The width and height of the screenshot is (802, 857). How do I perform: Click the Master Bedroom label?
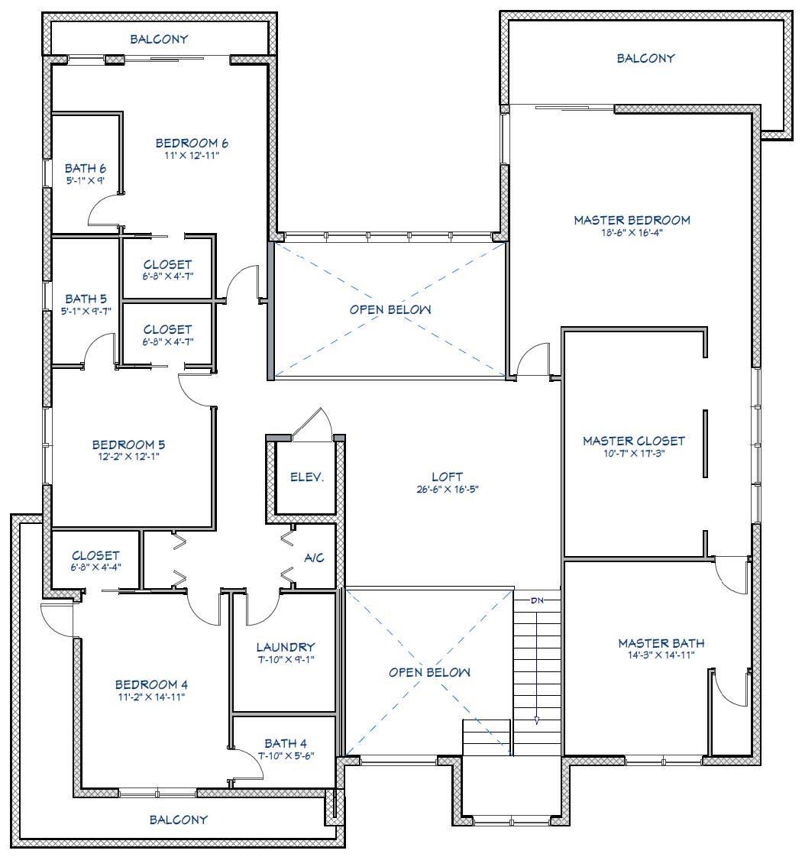632,220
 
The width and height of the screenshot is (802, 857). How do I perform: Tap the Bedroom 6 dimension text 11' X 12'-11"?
192,155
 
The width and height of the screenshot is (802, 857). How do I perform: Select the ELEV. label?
307,477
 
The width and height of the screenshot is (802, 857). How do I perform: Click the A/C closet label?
314,558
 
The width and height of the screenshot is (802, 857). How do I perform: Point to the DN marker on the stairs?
537,600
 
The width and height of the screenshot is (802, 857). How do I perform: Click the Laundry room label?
285,646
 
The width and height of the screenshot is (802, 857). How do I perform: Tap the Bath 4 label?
285,742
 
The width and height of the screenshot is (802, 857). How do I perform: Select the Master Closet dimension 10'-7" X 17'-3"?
633,452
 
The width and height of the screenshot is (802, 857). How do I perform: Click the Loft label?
447,477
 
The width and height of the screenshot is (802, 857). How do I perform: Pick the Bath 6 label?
85,168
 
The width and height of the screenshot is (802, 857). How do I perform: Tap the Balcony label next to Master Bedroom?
645,58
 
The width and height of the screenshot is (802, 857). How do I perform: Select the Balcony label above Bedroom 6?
159,39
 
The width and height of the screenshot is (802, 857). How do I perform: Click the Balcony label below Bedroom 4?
178,820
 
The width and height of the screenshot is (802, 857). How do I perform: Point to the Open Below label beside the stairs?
429,672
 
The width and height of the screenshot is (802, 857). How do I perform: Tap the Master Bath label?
661,643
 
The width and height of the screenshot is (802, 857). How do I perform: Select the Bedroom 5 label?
128,444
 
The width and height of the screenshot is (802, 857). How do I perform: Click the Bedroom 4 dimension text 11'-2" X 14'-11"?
150,696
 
